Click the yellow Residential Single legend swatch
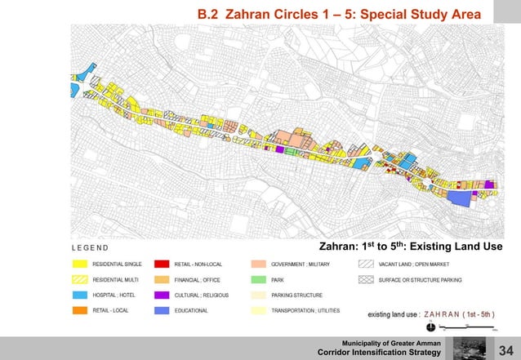(80, 264)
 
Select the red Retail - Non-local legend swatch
(162, 264)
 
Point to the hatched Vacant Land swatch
(365, 264)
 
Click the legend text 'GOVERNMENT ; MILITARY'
(305, 264)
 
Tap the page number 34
(506, 350)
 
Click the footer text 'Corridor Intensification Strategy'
(379, 352)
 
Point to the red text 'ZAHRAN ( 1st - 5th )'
(459, 313)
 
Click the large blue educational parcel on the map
(461, 198)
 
